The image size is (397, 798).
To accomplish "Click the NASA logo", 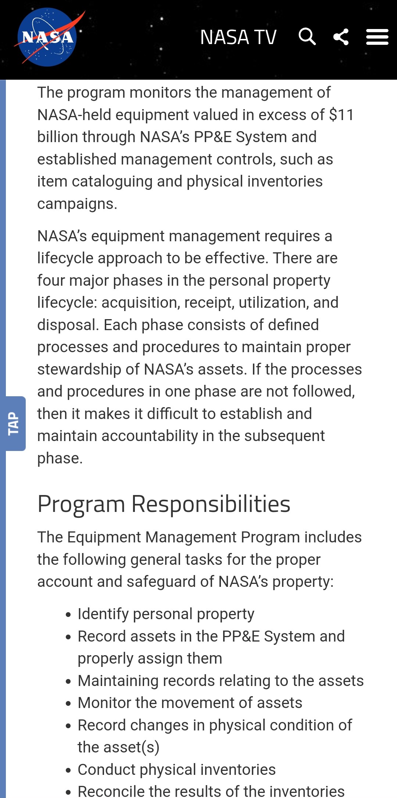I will point(47,37).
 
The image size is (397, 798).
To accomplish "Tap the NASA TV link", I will point(238,37).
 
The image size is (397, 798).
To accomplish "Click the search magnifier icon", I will point(307,36).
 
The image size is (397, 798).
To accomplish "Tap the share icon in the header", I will point(341,37).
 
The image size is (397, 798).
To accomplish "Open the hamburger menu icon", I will point(377,37).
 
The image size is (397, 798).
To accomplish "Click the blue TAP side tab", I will point(15,423).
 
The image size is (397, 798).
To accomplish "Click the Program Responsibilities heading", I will point(164,504).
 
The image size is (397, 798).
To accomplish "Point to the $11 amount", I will point(341,115).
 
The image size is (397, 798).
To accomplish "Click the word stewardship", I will point(79,369).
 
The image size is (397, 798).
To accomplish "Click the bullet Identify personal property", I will point(166,614).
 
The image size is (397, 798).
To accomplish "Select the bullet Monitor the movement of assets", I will point(190,703).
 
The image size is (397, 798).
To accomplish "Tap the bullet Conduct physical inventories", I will point(176,770).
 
